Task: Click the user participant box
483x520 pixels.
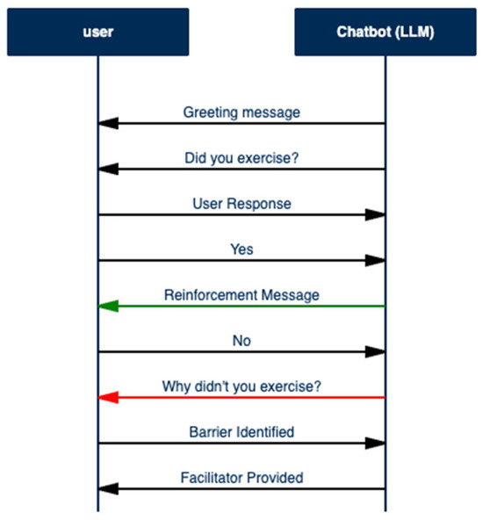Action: point(97,32)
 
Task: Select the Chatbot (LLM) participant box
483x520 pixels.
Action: point(385,32)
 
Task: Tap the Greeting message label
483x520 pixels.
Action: point(241,112)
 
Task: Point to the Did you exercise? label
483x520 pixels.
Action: point(241,158)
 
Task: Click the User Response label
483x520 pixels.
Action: point(241,204)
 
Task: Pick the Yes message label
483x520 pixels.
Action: point(241,249)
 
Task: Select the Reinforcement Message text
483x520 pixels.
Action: point(241,295)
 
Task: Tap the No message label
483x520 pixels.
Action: point(241,341)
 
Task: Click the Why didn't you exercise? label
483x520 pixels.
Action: point(241,386)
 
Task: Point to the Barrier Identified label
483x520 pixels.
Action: point(241,432)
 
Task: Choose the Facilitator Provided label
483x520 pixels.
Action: point(241,478)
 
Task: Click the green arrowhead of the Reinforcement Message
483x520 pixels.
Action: point(108,307)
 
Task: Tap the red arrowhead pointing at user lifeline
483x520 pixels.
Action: point(108,398)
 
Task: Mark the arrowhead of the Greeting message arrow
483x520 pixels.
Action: point(108,124)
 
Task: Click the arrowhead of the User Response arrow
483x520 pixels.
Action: point(375,215)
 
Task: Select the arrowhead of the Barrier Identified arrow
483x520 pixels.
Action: point(375,444)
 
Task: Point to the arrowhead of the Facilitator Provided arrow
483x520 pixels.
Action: point(108,489)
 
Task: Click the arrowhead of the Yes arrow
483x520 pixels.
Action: point(375,261)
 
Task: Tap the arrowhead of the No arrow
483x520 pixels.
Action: point(375,352)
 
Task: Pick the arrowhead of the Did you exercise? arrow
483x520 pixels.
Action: point(108,170)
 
